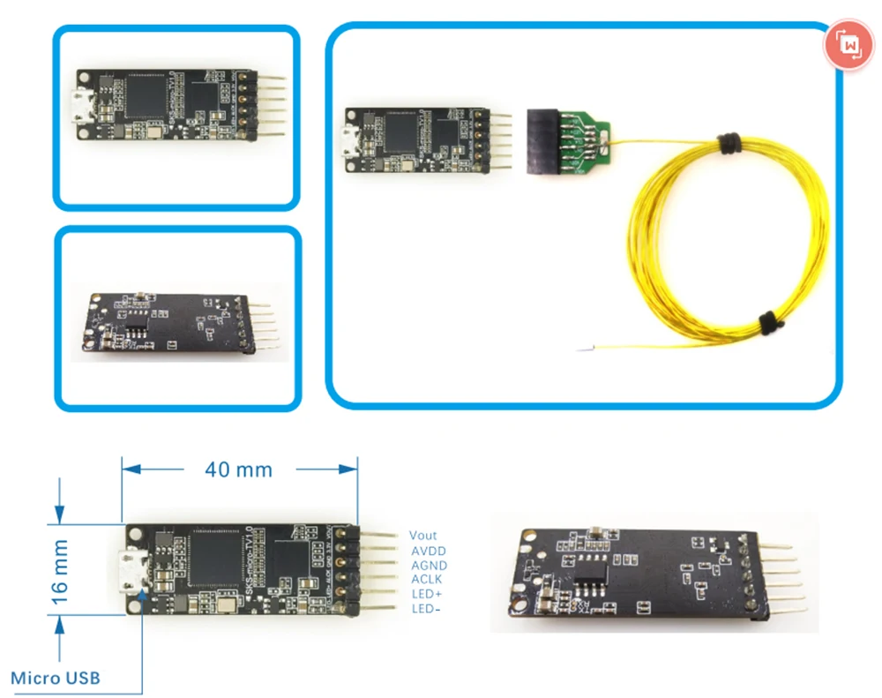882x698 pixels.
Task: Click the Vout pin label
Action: (422, 535)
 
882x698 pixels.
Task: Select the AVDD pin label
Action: (429, 551)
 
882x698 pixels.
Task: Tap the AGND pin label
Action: (429, 566)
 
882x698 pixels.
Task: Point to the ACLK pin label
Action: (427, 580)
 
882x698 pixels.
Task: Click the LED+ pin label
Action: (427, 594)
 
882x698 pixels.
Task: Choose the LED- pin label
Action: (426, 609)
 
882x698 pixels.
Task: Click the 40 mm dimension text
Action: (238, 469)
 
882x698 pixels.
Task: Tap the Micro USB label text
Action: (56, 678)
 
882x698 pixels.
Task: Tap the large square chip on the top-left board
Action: (147, 97)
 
